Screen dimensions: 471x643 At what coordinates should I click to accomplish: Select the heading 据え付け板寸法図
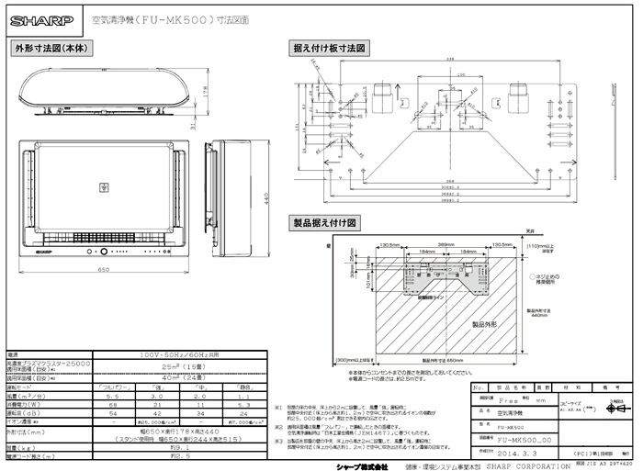(x=329, y=47)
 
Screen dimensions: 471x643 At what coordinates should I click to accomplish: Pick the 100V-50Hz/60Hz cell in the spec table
(x=174, y=354)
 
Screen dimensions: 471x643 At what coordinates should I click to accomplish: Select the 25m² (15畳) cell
(x=174, y=364)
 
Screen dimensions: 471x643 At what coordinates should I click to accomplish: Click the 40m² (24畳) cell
(x=174, y=377)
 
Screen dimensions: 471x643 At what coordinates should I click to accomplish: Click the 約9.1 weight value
(x=174, y=446)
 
